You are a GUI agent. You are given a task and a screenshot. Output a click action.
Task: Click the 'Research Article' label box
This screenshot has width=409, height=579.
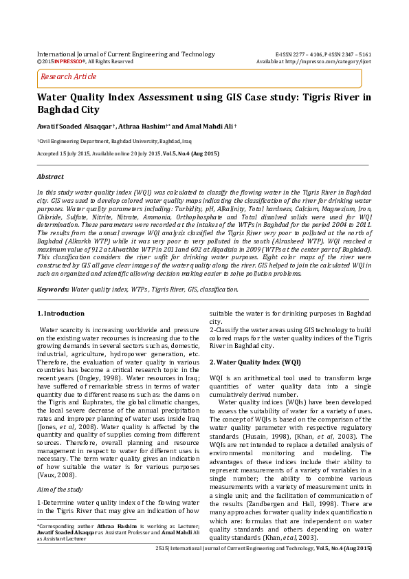pos(69,76)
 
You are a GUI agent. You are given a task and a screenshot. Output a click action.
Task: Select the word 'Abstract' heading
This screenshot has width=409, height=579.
pos(50,177)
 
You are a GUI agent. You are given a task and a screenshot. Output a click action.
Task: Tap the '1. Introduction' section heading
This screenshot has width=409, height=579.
pos(60,314)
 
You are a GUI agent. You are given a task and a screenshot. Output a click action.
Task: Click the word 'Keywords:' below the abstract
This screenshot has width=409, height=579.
pos(53,289)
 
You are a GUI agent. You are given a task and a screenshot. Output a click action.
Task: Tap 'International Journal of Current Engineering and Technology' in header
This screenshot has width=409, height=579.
pos(125,53)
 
